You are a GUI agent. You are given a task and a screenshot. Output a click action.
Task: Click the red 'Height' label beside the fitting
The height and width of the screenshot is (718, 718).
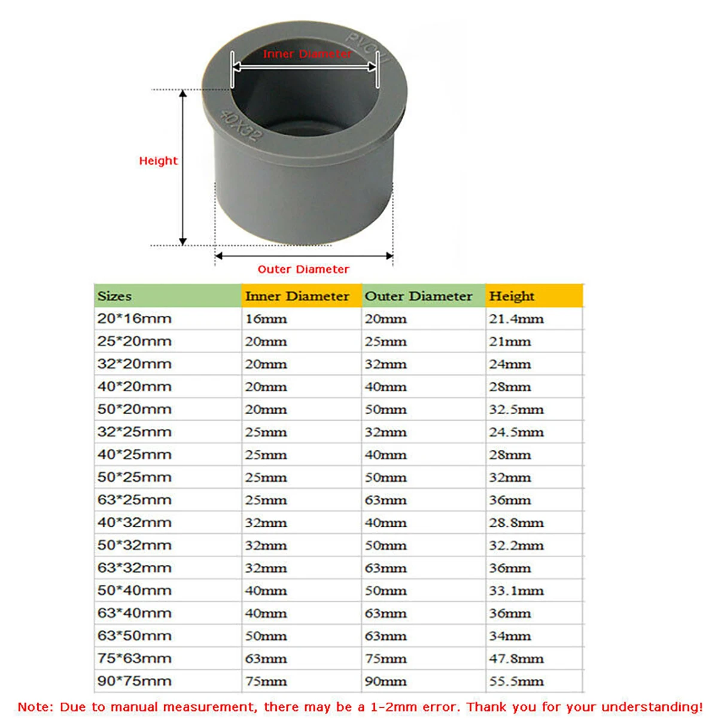(158, 161)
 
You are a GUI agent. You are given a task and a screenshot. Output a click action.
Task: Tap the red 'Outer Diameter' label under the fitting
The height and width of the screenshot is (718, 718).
(303, 269)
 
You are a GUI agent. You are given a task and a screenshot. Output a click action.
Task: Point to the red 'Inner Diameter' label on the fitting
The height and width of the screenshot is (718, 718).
(307, 54)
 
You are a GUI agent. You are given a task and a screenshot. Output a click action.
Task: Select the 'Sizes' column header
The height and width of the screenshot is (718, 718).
(115, 296)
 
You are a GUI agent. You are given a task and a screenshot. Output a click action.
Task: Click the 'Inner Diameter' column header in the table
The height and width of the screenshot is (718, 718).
(297, 296)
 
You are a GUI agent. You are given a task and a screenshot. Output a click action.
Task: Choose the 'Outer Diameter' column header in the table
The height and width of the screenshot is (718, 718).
(418, 296)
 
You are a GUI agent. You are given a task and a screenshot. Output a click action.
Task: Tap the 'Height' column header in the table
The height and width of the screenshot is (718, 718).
(512, 296)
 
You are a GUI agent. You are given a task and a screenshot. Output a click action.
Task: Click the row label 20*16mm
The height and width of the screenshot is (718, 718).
(135, 319)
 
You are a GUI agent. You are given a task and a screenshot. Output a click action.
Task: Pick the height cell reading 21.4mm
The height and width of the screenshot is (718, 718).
(516, 319)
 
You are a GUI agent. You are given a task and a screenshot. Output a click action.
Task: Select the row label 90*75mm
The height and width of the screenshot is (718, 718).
(135, 681)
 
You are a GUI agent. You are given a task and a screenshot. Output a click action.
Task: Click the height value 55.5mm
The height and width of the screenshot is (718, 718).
(516, 681)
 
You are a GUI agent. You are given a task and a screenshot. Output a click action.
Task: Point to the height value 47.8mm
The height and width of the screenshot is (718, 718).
(516, 659)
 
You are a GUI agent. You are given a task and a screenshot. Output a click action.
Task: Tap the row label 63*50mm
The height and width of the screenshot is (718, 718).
(135, 636)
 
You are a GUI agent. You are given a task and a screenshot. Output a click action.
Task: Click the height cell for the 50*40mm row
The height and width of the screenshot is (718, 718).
(516, 591)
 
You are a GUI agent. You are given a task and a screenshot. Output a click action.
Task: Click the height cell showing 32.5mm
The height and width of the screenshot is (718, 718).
(516, 409)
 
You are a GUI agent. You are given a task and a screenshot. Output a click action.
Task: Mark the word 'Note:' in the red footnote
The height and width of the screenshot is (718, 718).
(35, 707)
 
